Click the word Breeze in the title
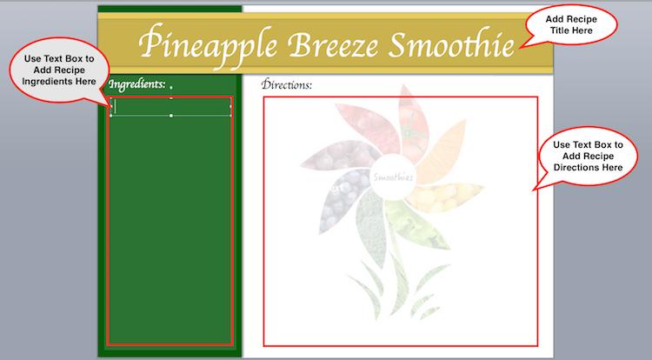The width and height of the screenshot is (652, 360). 333,44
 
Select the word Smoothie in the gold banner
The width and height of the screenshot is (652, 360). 451,43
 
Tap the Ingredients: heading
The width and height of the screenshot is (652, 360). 136,85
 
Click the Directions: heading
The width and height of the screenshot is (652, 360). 287,84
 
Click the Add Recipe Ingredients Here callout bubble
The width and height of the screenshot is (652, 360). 59,70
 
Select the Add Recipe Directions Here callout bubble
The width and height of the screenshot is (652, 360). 587,156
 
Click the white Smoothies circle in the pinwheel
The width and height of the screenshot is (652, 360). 393,177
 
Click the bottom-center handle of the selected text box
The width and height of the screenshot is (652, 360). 171,116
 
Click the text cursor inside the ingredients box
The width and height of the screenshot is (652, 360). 116,106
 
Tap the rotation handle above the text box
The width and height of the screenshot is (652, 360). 171,87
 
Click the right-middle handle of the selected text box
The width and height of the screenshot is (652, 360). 230,106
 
